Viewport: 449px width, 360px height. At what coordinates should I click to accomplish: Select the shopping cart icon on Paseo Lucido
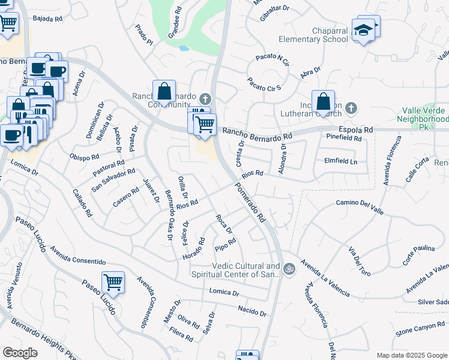[113, 281]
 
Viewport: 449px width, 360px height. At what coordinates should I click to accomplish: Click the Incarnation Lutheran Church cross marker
[351, 109]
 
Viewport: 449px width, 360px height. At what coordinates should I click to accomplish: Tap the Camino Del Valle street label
[360, 204]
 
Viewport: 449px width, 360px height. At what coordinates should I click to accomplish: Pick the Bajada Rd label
[48, 19]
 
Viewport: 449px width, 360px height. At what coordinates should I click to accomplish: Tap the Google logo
[20, 352]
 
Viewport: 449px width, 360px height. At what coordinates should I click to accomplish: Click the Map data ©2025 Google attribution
[412, 355]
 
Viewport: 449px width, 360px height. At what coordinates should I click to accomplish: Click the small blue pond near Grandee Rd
[184, 47]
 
